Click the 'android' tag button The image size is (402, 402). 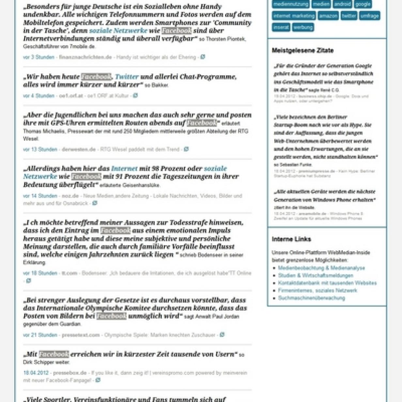342,4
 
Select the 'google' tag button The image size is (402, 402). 363,4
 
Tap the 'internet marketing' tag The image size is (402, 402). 294,16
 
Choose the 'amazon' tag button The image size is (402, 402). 328,16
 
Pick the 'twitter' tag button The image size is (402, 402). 348,16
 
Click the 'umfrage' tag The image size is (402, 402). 369,16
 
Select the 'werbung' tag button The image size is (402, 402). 303,27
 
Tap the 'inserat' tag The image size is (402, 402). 281,27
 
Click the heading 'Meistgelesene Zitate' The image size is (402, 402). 302,51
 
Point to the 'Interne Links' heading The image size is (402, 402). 291,239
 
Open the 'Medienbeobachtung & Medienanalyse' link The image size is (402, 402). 321,268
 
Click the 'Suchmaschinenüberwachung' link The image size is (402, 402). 311,298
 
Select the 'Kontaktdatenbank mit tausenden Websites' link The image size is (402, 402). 327,283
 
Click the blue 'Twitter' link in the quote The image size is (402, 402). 127,77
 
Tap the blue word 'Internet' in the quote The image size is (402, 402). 124,169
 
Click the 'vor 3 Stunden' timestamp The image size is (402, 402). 39,57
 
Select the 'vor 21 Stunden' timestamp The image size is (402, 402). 40,335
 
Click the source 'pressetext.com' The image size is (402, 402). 81,335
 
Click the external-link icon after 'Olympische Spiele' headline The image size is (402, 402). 222,334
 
